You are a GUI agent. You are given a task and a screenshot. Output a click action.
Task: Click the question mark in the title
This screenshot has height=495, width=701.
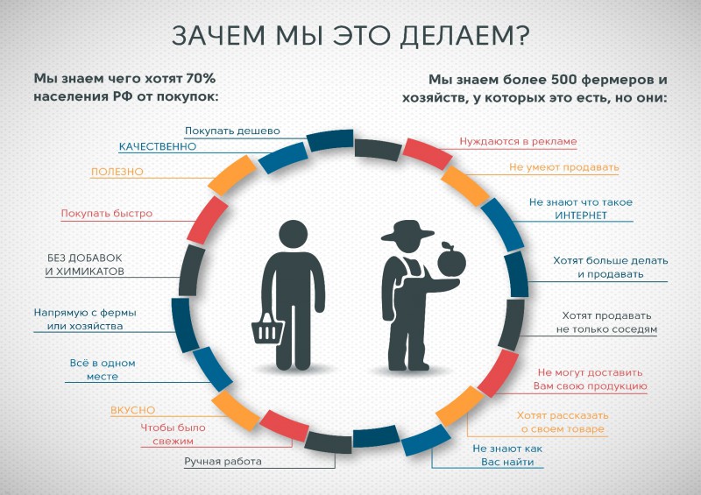click(x=520, y=35)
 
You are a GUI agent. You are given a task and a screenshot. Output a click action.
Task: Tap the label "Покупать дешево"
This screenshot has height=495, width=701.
click(x=232, y=131)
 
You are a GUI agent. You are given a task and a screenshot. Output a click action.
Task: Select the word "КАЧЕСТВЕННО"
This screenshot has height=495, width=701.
click(x=158, y=146)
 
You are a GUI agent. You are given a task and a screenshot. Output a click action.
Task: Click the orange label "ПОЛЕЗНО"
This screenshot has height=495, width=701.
click(x=117, y=172)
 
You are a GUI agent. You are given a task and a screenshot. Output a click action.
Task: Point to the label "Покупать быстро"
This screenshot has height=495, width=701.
click(x=106, y=213)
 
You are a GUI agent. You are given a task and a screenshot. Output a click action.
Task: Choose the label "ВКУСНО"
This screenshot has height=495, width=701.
click(x=133, y=410)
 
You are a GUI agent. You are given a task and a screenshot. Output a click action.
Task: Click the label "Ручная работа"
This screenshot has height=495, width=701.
click(x=223, y=462)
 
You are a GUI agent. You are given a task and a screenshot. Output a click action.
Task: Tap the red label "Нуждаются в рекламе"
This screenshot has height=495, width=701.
click(x=518, y=141)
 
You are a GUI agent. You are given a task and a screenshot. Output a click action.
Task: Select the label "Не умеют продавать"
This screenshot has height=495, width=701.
click(x=563, y=167)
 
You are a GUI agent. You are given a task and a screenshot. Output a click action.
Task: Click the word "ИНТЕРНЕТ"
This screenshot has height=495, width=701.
click(x=581, y=216)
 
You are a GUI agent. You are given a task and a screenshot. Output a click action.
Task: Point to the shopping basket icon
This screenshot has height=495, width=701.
click(x=267, y=329)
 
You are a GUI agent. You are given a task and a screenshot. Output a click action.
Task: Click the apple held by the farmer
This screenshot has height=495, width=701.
click(x=451, y=259)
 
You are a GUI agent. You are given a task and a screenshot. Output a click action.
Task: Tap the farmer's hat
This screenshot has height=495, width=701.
click(x=407, y=230)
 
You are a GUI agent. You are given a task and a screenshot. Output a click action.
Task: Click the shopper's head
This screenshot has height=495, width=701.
click(x=294, y=234)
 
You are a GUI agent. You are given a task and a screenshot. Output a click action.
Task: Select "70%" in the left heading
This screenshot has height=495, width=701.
click(x=201, y=79)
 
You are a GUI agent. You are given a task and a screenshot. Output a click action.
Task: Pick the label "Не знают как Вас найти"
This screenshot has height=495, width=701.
click(x=507, y=456)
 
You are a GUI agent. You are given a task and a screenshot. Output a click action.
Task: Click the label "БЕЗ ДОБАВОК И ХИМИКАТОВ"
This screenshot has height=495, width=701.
click(x=84, y=265)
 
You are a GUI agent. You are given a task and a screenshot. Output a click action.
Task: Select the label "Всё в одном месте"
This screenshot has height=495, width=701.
click(x=103, y=370)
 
